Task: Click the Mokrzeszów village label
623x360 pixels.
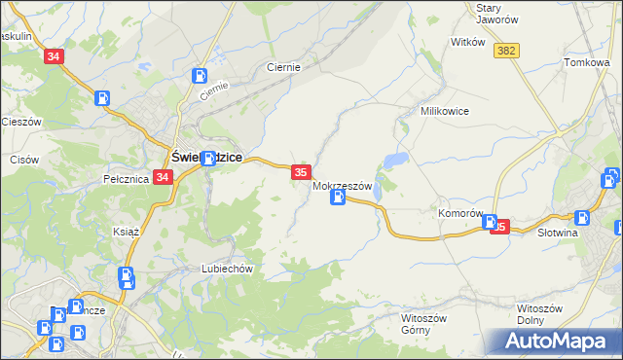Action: coord(343,185)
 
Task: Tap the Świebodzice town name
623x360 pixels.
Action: coord(206,157)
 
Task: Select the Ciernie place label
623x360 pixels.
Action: coord(283,67)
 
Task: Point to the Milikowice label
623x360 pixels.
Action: coord(445,111)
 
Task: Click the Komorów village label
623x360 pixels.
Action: coord(461,213)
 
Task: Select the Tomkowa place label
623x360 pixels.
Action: coord(586,62)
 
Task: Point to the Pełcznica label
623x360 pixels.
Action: coord(125,179)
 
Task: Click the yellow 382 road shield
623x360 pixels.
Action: coord(505,51)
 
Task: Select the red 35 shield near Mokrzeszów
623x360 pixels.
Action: coord(301,172)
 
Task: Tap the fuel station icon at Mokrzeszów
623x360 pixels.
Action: coord(337,198)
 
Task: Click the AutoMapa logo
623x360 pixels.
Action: coord(554,341)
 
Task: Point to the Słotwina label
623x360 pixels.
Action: coord(559,234)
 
